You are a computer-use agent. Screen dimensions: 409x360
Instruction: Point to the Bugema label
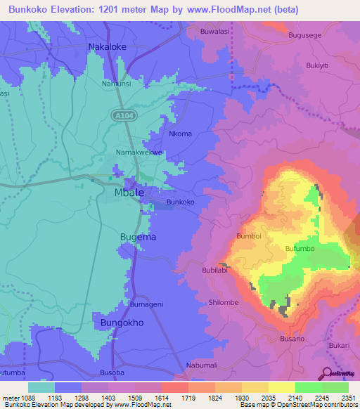[138, 238]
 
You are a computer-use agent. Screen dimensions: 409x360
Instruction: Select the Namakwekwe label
[139, 152]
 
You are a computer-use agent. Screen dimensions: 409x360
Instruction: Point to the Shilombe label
[224, 302]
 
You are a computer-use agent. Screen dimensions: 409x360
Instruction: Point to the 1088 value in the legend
[32, 398]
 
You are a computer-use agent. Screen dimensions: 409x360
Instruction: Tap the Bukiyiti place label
[317, 66]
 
